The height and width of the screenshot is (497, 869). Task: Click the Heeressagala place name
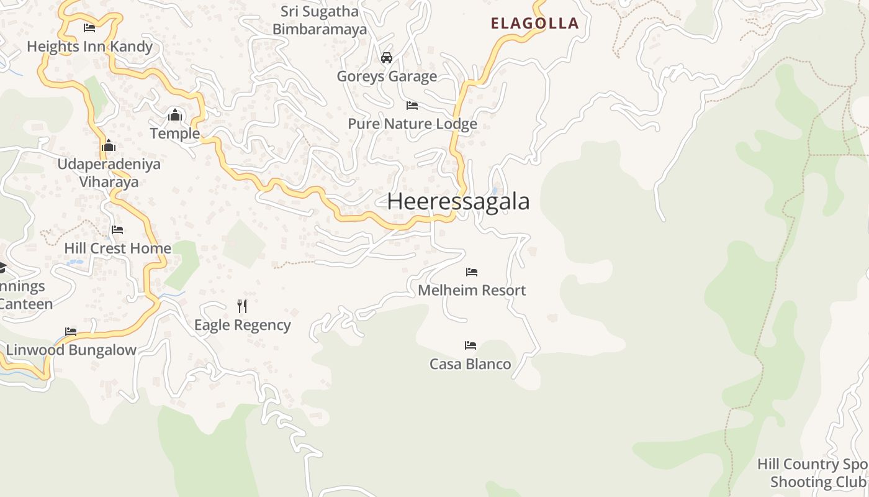[x=458, y=202]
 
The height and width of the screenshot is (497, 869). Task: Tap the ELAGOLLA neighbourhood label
[x=534, y=24]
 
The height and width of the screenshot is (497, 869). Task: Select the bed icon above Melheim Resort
[x=472, y=272]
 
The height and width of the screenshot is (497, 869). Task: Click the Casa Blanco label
[x=471, y=364]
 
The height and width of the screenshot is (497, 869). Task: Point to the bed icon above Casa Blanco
[x=471, y=345]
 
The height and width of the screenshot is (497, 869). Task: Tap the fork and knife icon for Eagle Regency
[x=242, y=306]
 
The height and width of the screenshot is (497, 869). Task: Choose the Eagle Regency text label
[x=242, y=325]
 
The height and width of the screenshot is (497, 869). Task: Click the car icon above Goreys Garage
[x=387, y=58]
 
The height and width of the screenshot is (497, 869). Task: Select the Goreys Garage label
[x=387, y=76]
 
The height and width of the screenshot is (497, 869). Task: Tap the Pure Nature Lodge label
[x=412, y=124]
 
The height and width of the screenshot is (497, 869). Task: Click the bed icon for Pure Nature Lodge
[x=412, y=106]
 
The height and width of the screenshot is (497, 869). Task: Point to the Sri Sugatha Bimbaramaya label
[x=320, y=20]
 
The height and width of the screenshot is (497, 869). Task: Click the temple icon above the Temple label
[x=175, y=116]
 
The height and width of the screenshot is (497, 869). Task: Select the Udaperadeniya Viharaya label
[x=109, y=173]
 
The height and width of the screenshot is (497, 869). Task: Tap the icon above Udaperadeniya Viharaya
[x=109, y=146]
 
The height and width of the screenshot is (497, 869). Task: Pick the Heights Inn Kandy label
[x=89, y=47]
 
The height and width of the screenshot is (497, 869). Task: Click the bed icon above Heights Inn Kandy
[x=89, y=28]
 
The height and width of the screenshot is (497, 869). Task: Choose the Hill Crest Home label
[x=117, y=248]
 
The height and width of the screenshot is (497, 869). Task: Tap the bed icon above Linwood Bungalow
[x=71, y=332]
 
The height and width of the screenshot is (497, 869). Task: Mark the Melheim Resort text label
[x=472, y=290]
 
